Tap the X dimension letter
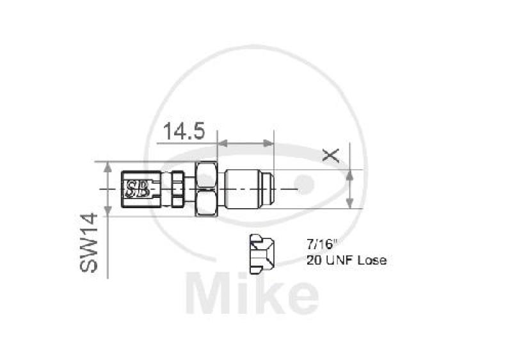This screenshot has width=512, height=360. tap(330, 154)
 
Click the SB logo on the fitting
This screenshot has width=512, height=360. tap(136, 190)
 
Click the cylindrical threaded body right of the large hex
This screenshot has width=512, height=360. tap(244, 190)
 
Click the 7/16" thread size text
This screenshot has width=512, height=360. tap(321, 244)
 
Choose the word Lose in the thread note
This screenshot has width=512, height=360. tap(372, 260)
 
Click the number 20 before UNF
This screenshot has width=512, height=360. tap(314, 260)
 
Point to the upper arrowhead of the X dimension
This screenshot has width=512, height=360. tap(350, 174)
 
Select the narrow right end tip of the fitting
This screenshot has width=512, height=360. tap(273, 190)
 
